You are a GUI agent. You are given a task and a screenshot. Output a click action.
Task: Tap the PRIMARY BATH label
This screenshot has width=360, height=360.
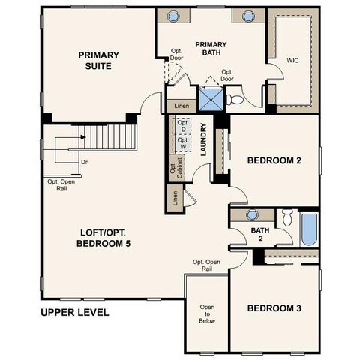tap(211, 49)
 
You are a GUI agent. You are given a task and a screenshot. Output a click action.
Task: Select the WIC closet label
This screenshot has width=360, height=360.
tap(293, 59)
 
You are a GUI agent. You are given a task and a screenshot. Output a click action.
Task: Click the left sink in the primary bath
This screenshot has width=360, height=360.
tap(173, 16)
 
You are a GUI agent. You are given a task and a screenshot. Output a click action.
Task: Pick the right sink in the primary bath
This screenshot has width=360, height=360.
tap(247, 16)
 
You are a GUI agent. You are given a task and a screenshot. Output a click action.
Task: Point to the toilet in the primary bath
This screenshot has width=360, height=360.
tap(235, 99)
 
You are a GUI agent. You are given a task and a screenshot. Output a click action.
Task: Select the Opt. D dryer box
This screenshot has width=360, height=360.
tap(182, 127)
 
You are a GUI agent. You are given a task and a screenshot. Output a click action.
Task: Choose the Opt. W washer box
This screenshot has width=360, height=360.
tap(182, 144)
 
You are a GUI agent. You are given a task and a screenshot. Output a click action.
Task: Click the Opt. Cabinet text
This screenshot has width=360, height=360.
tap(172, 170)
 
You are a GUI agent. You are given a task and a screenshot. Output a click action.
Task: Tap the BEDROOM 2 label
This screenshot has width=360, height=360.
tap(274, 160)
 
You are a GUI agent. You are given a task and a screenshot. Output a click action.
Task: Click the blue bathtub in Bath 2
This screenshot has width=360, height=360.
tap(309, 229)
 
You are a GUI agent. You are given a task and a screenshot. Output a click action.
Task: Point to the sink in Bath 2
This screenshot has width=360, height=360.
tap(252, 215)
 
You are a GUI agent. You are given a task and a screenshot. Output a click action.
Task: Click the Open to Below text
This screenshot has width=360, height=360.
tap(207, 313)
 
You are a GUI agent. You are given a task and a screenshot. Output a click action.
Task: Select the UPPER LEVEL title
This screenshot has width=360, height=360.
tap(75, 312)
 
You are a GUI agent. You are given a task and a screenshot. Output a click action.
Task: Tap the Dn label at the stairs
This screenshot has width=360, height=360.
tap(84, 161)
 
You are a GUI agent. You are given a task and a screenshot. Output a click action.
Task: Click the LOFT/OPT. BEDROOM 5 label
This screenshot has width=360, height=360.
tap(109, 238)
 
